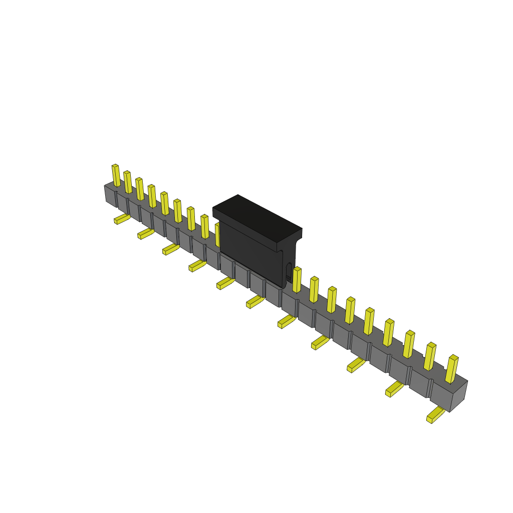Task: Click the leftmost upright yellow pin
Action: coord(116,175)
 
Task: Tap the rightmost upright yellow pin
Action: coord(451,370)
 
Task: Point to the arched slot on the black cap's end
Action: coord(289,271)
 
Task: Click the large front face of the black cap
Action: coord(250,253)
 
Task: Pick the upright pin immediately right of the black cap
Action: coord(297,281)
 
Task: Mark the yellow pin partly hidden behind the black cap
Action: coord(217,234)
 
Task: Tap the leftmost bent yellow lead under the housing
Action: coord(122,219)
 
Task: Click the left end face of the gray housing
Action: coord(110,195)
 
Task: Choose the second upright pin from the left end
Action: coord(128,182)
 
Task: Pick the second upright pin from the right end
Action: coord(430,357)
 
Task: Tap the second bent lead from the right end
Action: coord(394,388)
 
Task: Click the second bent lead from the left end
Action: coord(146,233)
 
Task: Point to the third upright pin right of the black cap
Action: coord(331,301)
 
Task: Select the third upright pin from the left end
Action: coord(140,189)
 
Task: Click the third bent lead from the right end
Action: coord(356,365)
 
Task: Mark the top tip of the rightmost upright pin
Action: coord(454,357)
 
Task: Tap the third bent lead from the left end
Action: coord(170,249)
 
